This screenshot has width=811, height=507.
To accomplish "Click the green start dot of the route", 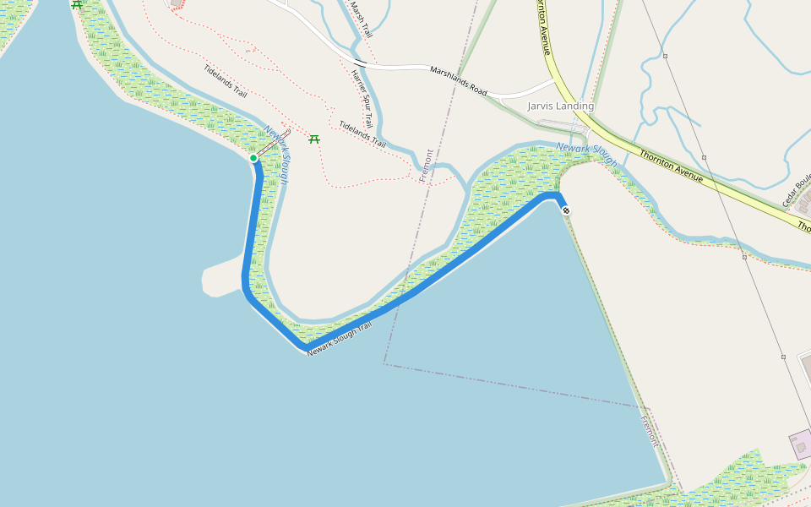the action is point(253,158).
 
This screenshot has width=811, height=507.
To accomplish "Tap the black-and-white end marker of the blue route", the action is point(565,210).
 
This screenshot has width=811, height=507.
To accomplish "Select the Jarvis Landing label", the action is point(560,106).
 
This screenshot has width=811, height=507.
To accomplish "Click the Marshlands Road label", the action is point(459,80).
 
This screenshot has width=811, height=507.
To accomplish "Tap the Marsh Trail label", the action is point(361,19).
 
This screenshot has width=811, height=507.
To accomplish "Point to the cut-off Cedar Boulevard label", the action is point(797,190).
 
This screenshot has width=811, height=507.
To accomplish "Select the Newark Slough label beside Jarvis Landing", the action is point(586,155).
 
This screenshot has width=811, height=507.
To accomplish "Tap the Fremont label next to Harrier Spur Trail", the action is point(427,166).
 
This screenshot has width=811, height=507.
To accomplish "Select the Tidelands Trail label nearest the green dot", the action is point(226,81).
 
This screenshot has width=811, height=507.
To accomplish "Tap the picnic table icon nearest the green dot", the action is point(314,139).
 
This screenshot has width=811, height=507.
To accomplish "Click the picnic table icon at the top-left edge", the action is point(77,4).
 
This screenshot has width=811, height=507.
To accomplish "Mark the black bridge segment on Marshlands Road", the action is point(360,63).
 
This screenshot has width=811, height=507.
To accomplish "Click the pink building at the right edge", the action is point(800,444).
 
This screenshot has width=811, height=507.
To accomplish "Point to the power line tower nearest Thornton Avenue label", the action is point(704,157).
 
